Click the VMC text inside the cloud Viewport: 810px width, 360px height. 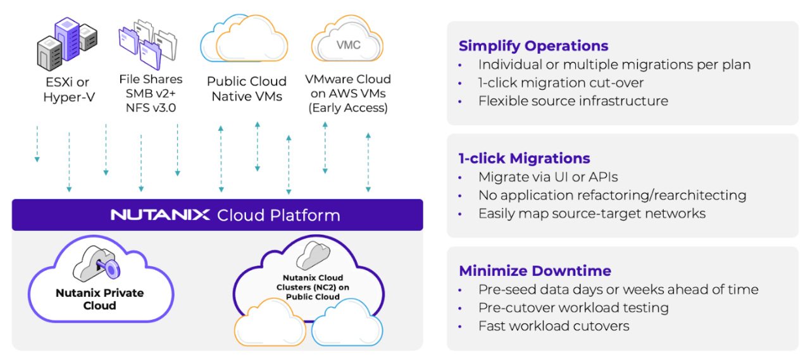348,45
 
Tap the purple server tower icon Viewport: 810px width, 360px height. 67,39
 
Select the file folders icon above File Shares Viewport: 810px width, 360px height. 148,45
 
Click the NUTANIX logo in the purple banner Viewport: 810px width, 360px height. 160,214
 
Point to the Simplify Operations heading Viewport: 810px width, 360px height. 533,46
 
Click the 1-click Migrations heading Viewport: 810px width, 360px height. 525,158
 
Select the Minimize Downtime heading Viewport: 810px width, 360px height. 535,271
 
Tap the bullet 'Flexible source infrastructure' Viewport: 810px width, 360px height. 573,101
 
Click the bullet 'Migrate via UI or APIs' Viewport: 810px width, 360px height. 548,177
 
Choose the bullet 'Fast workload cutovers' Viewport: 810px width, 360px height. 554,326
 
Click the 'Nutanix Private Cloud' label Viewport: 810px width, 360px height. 100,299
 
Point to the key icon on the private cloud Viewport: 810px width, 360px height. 108,268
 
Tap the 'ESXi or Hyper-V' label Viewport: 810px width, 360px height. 68,90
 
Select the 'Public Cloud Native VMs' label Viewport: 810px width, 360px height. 247,89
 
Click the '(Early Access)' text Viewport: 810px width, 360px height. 348,108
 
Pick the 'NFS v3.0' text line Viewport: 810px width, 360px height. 151,108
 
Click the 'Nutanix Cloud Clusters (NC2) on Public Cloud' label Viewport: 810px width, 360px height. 313,287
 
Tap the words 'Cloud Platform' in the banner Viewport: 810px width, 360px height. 278,215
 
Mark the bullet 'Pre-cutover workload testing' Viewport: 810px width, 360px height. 573,307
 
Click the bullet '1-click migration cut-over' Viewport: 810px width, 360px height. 561,83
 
